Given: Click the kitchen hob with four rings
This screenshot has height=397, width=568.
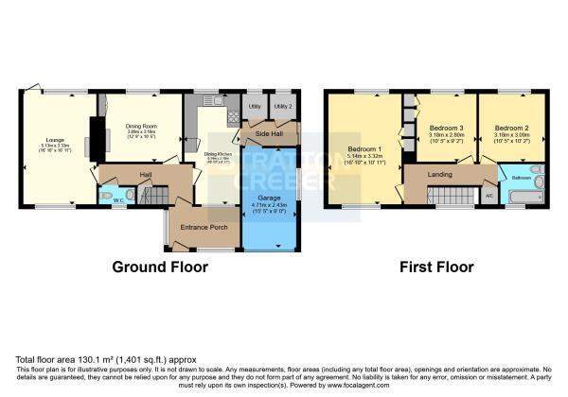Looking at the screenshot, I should pos(233,116).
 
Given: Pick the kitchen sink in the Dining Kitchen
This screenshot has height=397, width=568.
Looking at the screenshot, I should pos(214,99).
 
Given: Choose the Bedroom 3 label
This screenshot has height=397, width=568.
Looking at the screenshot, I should pos(446,129).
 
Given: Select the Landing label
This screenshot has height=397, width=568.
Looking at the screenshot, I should pos(438,173).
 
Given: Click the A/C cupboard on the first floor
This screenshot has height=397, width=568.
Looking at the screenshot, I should pos(488,195).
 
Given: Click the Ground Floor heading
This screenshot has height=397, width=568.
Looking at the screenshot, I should pos(160,268).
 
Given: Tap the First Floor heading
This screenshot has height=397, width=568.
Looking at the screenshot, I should pos(436,268).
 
